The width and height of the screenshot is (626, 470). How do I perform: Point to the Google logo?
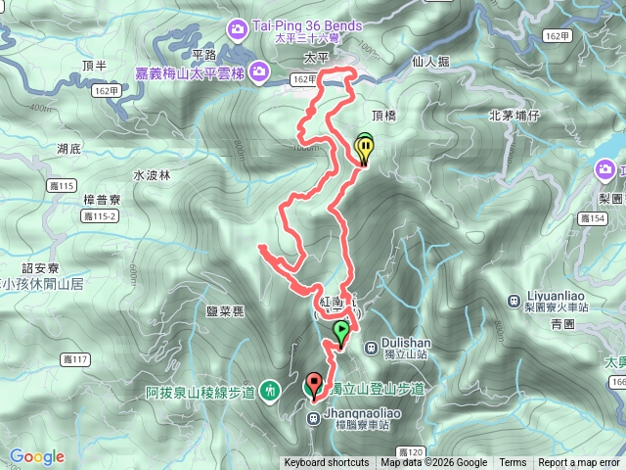(x=37, y=456)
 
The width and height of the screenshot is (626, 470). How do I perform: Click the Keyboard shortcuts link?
(x=327, y=463)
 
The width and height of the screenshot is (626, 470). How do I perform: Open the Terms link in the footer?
(x=513, y=463)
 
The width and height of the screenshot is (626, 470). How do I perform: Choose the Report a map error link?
(x=579, y=463)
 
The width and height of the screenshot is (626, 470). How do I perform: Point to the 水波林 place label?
(x=152, y=176)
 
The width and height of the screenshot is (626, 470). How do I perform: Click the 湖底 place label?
(x=68, y=149)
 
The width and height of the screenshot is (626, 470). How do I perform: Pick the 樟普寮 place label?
(x=102, y=199)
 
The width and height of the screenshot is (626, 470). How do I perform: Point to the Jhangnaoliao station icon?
(x=313, y=419)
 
